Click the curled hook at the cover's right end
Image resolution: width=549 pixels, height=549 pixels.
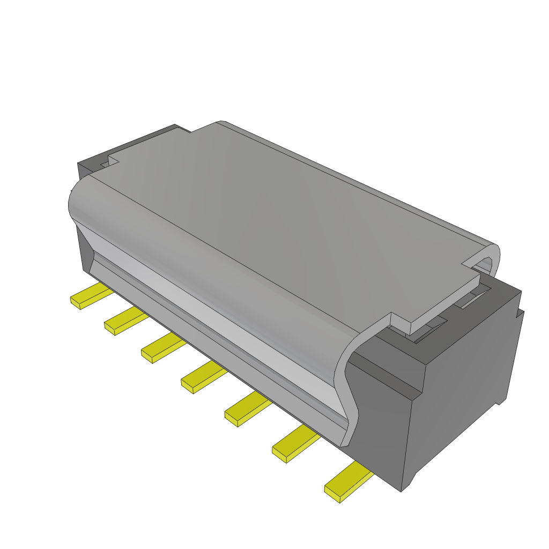click(485, 257)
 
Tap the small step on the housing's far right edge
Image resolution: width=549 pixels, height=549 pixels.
click(518, 314)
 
